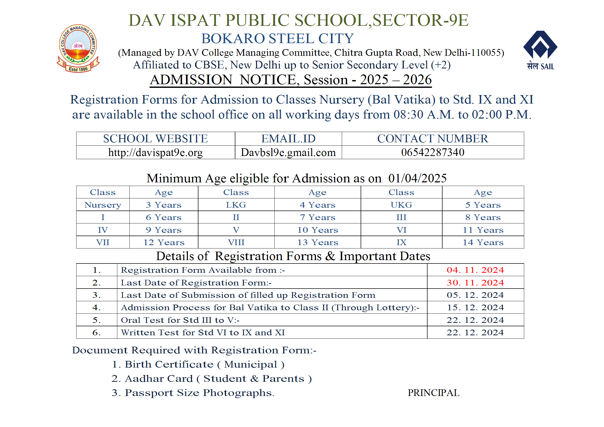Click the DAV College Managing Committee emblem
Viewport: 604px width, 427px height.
point(78,48)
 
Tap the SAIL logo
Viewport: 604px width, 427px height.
point(540,50)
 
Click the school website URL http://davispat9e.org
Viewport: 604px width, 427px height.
point(156,153)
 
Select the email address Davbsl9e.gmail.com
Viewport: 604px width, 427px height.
point(288,153)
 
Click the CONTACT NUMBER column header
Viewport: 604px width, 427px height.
point(433,139)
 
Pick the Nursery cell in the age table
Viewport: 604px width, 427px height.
point(103,205)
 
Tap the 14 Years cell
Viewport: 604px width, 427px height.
point(483,242)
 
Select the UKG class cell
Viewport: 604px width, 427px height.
point(401,205)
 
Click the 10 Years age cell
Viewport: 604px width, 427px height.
point(318,230)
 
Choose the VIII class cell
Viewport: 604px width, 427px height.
point(236,242)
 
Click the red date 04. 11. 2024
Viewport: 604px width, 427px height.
point(475,270)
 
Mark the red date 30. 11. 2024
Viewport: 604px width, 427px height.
point(475,283)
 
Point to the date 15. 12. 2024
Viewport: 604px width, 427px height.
point(475,308)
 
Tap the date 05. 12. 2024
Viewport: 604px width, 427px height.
point(475,295)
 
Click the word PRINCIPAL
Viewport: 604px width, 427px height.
point(433,393)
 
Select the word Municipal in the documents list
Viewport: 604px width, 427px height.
point(251,364)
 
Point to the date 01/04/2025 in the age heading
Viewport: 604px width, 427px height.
point(417,178)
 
